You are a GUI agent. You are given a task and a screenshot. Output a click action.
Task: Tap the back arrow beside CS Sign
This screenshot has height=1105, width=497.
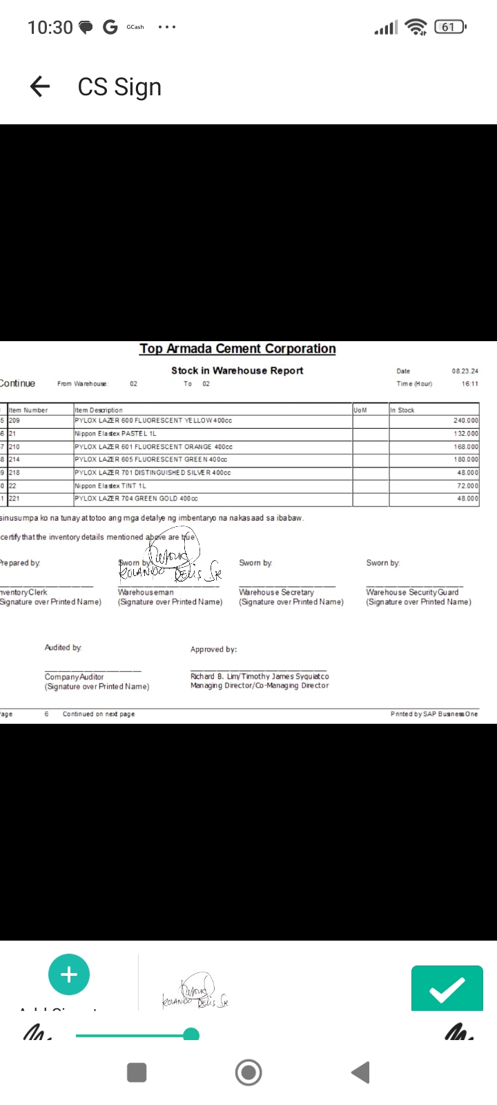coord(40,87)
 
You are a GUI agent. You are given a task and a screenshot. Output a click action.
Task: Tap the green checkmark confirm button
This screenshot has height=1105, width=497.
coord(447,989)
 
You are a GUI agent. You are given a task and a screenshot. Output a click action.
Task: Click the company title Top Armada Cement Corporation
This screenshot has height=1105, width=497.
coord(237,349)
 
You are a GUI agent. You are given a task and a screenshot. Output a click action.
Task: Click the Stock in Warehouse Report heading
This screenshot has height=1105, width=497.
coord(237,371)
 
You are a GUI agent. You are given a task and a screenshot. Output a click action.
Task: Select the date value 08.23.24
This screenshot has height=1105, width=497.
coord(465,372)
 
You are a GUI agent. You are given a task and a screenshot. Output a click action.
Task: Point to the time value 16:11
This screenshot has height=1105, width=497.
coord(469,384)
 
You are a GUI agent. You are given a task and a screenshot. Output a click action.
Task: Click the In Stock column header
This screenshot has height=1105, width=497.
coord(402,410)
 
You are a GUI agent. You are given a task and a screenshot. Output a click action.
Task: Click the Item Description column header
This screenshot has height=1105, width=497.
coord(99,410)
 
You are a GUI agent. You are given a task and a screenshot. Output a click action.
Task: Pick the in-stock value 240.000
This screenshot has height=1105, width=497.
coord(465,421)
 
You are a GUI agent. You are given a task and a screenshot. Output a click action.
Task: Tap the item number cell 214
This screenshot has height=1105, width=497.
coord(14,459)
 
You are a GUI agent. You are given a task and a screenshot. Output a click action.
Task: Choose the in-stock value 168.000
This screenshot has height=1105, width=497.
coord(465,447)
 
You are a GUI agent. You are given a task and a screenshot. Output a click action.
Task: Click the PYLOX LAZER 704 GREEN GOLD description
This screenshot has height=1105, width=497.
coord(136,499)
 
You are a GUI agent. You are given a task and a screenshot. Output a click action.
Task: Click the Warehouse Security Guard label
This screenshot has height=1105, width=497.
coord(412,593)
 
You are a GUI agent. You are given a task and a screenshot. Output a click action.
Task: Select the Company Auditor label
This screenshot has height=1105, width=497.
coord(74,677)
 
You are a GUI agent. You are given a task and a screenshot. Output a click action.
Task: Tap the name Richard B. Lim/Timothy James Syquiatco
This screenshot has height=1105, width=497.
coord(260,677)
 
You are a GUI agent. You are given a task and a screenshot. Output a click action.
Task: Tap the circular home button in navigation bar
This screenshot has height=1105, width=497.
coord(248,1073)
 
